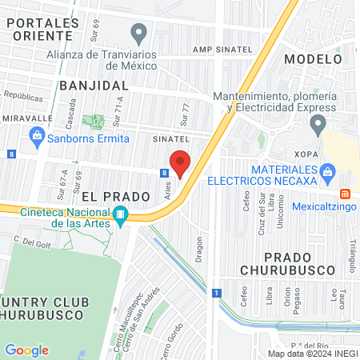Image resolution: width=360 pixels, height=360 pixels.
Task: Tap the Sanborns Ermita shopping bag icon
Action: coord(37,136)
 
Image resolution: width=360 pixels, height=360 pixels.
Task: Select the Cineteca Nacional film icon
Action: coord(120,214)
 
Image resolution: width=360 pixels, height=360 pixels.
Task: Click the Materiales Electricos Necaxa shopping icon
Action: coord(326,171)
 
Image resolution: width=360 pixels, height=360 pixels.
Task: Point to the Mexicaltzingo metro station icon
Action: coord(346,194)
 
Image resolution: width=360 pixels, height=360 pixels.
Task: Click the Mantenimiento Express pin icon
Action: coord(318,125)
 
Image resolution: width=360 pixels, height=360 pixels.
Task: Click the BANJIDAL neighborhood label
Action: coord(93,84)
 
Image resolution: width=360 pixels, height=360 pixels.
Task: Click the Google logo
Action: coord(26,350)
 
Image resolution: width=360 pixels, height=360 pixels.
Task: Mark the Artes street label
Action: coord(168,189)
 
